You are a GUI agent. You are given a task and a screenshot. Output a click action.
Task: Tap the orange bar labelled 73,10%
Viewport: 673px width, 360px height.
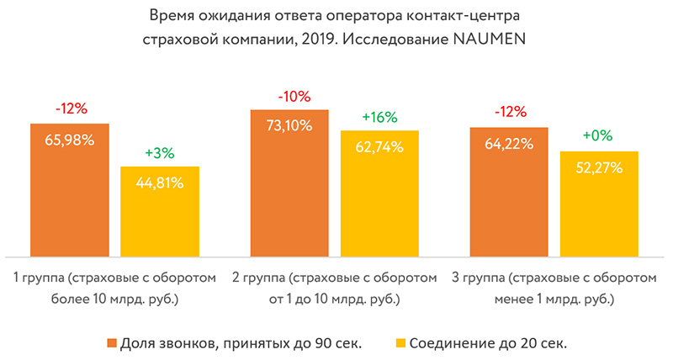(289, 183)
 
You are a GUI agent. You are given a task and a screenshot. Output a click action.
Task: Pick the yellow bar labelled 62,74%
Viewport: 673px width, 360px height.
(379, 193)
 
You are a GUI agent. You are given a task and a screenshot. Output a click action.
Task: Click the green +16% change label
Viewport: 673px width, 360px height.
(379, 116)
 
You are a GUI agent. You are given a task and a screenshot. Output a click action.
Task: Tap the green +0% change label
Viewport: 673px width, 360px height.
(599, 136)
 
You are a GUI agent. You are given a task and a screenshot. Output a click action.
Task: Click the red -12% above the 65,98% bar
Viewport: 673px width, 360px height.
(70, 109)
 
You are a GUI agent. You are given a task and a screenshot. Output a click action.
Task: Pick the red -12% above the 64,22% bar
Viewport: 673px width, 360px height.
(509, 112)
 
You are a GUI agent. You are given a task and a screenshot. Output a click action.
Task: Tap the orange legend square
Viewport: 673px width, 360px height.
(112, 342)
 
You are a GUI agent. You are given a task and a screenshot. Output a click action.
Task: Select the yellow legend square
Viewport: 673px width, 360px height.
(400, 342)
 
